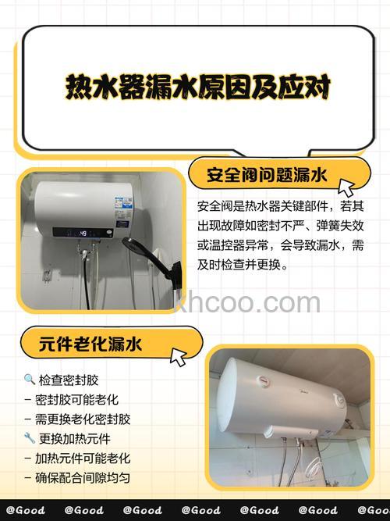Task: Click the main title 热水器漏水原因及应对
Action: click(197, 87)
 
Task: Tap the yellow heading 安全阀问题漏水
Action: click(266, 173)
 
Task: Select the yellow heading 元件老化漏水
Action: click(92, 342)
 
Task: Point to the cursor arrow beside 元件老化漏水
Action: click(179, 356)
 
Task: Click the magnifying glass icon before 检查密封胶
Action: click(29, 380)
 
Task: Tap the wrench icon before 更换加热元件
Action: click(29, 438)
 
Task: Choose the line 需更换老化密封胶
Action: click(83, 419)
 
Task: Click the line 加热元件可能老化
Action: click(83, 459)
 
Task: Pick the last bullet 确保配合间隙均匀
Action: click(83, 477)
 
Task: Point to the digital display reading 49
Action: click(81, 232)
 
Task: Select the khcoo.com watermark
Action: click(246, 302)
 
